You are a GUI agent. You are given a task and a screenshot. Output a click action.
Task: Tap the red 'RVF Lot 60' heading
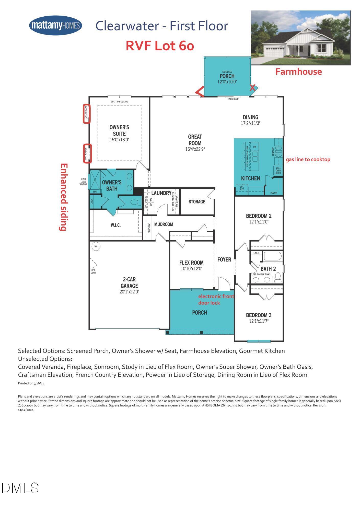pyautogui.click(x=160, y=46)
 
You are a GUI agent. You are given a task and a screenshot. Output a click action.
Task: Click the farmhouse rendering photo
pyautogui.click(x=300, y=38)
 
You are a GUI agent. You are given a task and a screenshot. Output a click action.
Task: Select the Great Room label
pyautogui.click(x=195, y=140)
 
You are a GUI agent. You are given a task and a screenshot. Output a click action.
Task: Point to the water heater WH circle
pyautogui.click(x=96, y=246)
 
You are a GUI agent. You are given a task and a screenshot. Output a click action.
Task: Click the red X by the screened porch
pyautogui.click(x=252, y=88)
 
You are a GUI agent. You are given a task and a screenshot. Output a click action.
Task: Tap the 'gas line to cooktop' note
pyautogui.click(x=308, y=160)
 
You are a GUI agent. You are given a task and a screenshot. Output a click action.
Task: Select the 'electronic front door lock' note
pyautogui.click(x=216, y=299)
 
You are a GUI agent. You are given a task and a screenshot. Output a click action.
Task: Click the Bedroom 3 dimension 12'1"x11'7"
pyautogui.click(x=259, y=321)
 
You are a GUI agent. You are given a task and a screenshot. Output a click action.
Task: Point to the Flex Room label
pyautogui.click(x=191, y=263)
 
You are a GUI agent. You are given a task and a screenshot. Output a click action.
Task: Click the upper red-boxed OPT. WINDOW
pyautogui.click(x=87, y=114)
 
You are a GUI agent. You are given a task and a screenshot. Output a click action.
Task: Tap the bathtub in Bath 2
pyautogui.click(x=272, y=256)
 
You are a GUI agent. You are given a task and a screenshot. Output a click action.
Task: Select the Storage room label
pyautogui.click(x=197, y=202)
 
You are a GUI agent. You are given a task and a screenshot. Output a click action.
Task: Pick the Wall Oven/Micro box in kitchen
pyautogui.click(x=278, y=171)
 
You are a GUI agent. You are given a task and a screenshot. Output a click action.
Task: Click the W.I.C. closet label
pyautogui.click(x=115, y=225)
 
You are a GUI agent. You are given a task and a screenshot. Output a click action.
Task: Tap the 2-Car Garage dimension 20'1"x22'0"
pyautogui.click(x=129, y=292)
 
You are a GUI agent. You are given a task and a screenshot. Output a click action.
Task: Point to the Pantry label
pyautogui.click(x=274, y=193)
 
